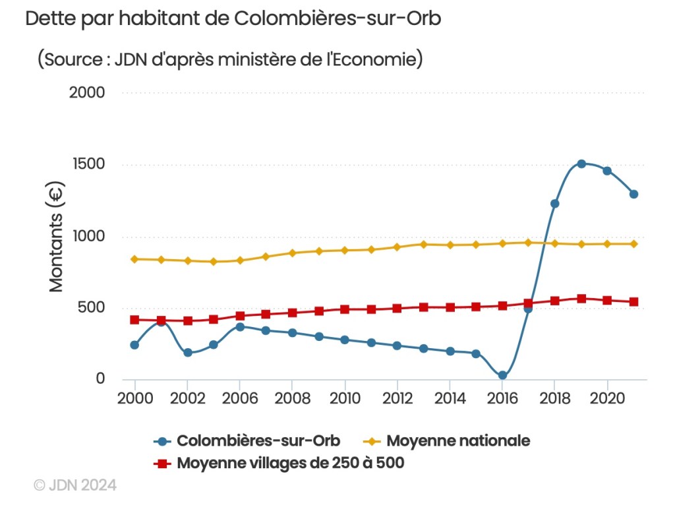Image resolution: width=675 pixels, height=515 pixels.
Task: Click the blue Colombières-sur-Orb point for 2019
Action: (x=581, y=164)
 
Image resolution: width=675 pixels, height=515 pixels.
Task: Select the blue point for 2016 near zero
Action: (x=502, y=375)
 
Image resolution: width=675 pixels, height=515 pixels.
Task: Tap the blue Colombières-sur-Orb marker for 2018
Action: (x=555, y=204)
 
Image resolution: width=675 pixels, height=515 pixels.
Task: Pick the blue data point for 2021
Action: (x=633, y=194)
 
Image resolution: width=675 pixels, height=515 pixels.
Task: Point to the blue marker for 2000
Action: (x=134, y=345)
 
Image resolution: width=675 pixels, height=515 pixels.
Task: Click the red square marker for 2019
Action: (x=581, y=299)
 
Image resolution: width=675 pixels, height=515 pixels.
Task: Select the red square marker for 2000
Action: (x=134, y=320)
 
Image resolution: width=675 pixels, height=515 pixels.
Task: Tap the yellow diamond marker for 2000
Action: (x=134, y=259)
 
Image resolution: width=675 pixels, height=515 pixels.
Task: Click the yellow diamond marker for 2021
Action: (x=633, y=244)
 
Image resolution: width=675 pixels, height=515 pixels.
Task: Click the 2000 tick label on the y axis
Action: (x=87, y=92)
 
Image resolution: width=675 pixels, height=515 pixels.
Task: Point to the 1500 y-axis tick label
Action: (x=88, y=164)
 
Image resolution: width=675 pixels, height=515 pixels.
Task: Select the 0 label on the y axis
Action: (x=100, y=379)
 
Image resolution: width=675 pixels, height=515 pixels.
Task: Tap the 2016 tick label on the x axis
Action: (x=502, y=400)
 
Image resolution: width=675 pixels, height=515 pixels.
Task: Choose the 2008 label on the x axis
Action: (x=292, y=400)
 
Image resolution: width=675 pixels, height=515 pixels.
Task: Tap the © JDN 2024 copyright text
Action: (x=75, y=485)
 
